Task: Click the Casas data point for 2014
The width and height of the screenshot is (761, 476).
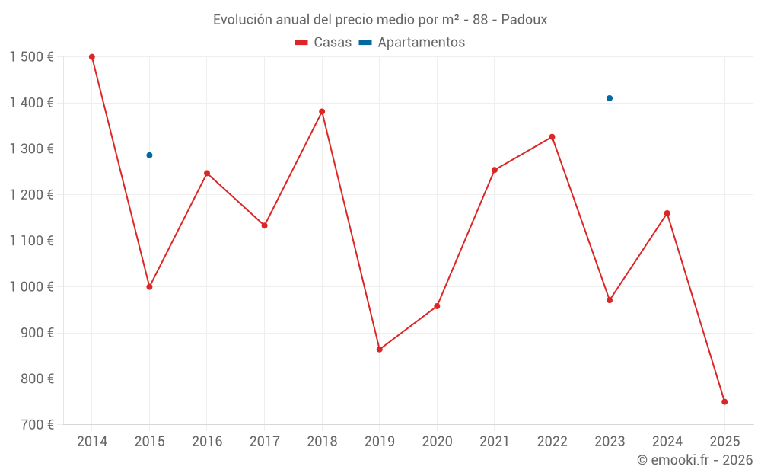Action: [92, 57]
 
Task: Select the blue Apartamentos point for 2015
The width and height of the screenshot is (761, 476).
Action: [149, 155]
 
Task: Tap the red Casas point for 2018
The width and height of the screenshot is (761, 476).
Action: [322, 112]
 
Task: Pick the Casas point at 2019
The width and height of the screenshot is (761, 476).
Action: [380, 350]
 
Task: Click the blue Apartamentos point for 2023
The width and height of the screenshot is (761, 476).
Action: [610, 98]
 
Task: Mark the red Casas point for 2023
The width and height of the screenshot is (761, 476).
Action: [610, 300]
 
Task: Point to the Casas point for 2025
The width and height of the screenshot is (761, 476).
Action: [724, 401]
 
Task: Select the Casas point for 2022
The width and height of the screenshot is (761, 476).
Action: [552, 137]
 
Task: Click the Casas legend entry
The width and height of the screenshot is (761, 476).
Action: [323, 43]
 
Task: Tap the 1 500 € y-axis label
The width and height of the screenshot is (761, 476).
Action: [31, 57]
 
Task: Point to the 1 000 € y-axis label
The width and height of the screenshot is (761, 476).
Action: [31, 287]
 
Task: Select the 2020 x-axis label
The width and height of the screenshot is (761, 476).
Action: [437, 442]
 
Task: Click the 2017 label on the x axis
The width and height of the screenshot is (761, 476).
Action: [264, 442]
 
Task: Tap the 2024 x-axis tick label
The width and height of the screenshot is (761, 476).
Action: [667, 442]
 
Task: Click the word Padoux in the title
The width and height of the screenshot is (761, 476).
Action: [525, 20]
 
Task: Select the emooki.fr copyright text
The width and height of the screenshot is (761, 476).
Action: [695, 460]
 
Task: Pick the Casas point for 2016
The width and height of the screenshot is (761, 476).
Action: [207, 174]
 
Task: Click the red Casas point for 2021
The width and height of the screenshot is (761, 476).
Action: [495, 170]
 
